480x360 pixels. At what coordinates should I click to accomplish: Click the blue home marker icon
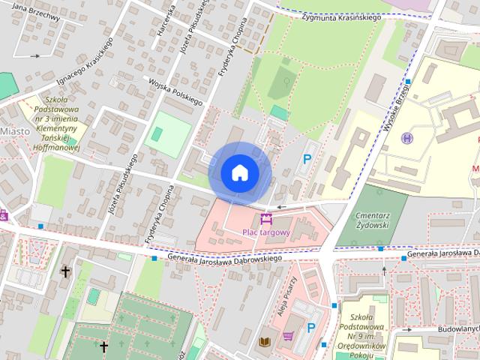[x=239, y=173]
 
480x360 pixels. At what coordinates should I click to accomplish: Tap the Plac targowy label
[x=265, y=233]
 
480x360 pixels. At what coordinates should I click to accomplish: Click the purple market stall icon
[x=265, y=220]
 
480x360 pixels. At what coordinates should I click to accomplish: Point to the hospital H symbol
[x=407, y=139]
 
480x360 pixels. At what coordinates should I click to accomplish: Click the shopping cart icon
[x=287, y=335]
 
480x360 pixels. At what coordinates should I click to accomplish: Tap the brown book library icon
[x=264, y=342]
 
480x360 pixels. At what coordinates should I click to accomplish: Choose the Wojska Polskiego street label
[x=176, y=91]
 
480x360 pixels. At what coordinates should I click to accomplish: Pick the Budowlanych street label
[x=457, y=329]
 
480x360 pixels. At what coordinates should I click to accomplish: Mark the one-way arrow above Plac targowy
[x=282, y=207]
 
